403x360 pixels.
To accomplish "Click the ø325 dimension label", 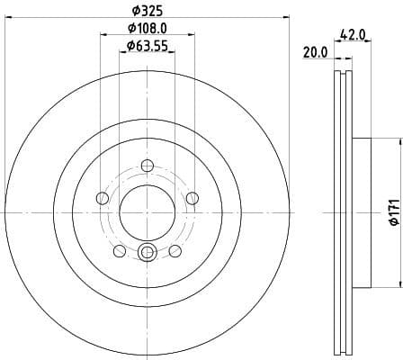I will pos(147,10).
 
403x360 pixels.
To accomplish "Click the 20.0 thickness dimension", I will pos(316,53).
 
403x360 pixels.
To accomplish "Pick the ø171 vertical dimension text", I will pos(392,211).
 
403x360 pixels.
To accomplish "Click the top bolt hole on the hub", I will pos(147,164).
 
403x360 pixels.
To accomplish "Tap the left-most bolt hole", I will pos(103,198).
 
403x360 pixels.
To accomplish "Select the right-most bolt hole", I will pos(191,198).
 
